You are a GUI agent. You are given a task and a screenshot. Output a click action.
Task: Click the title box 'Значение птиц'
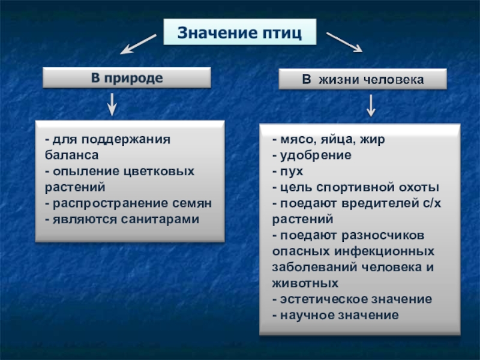tap(239, 32)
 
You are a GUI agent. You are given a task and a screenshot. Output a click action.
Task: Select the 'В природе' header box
tap(126, 77)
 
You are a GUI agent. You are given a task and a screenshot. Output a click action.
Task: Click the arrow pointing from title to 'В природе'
tap(139, 43)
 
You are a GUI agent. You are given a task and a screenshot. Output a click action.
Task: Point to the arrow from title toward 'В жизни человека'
tap(344, 41)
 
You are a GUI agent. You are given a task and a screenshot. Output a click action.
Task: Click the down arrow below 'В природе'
tap(112, 104)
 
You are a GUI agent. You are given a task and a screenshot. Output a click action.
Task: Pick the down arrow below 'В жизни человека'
tap(371, 106)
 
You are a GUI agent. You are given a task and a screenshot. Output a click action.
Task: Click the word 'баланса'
tap(68, 155)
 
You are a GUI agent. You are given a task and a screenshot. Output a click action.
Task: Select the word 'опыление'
tap(82, 172)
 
